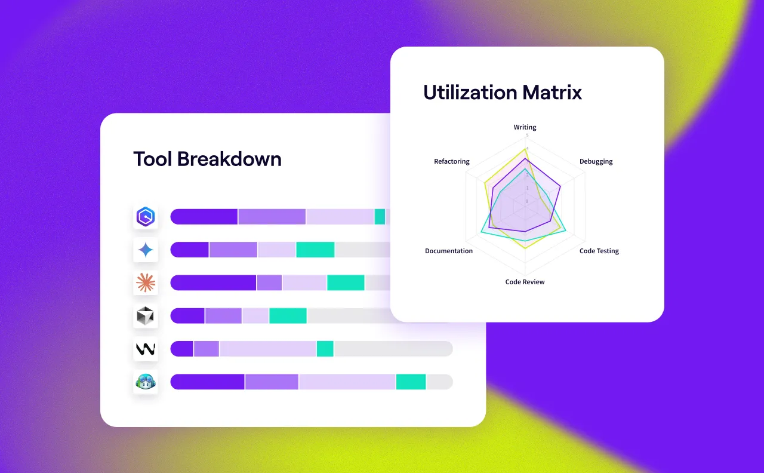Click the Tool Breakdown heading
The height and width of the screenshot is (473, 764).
click(x=207, y=159)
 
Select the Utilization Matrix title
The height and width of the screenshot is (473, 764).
click(x=502, y=92)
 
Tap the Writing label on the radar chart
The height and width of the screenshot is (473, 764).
click(x=525, y=127)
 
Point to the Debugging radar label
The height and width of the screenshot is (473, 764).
click(x=596, y=162)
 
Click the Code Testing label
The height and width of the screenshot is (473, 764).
click(x=599, y=251)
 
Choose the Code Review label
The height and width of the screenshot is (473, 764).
click(x=525, y=282)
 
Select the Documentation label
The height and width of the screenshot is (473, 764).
click(x=449, y=251)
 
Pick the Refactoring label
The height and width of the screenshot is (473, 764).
click(x=452, y=162)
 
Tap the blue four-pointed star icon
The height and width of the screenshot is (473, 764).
click(x=146, y=250)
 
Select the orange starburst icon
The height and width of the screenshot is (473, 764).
click(x=146, y=282)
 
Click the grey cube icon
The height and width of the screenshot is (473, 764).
click(x=146, y=316)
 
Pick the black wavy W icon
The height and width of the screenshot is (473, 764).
click(x=146, y=349)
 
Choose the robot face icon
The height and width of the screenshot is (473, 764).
click(x=146, y=382)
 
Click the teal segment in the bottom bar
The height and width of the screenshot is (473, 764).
click(x=411, y=382)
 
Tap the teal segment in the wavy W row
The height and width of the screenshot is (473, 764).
click(x=325, y=349)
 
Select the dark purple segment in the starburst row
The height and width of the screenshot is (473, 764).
click(x=213, y=282)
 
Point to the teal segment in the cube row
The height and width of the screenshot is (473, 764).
click(x=288, y=316)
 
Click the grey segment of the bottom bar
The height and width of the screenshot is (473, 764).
click(x=439, y=382)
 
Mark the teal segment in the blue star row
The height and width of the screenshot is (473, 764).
click(x=315, y=250)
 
